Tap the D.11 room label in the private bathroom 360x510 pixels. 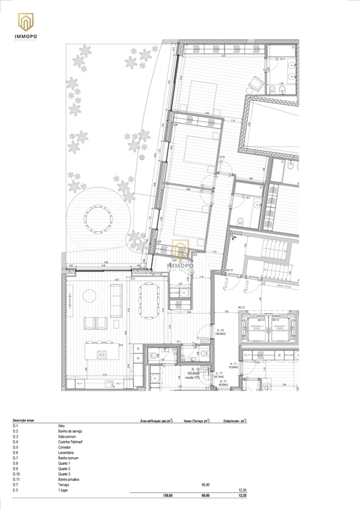coord(282,59)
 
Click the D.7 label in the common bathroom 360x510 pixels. coord(248,198)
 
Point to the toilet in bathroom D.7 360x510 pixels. coord(240,221)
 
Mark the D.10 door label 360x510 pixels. coord(222,157)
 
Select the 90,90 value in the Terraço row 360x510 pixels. coord(206,484)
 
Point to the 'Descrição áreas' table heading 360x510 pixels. coord(23,421)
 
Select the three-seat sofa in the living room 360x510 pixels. coord(116,301)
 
